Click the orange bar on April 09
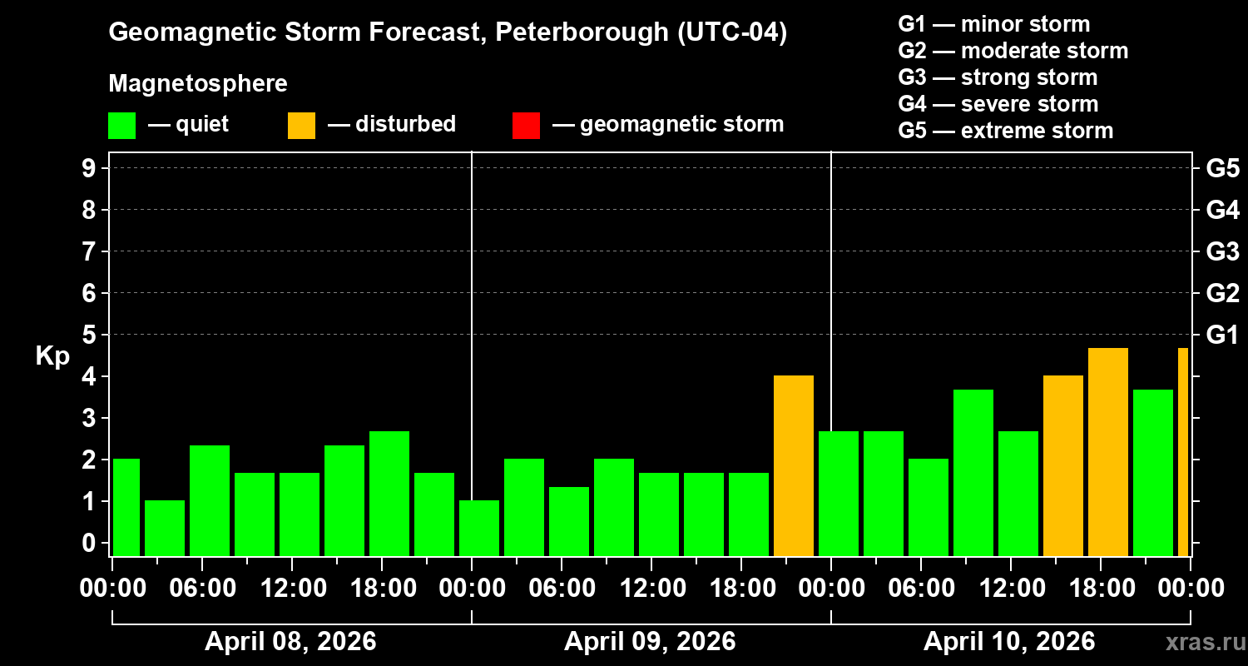click(793, 466)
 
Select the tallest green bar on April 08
click(389, 494)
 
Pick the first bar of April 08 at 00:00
click(126, 507)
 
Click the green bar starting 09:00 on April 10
click(973, 473)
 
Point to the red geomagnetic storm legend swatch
click(526, 126)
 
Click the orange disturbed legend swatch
click(301, 126)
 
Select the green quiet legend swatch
click(121, 126)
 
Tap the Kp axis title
click(52, 356)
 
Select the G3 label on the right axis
click(1222, 251)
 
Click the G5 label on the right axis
click(1222, 168)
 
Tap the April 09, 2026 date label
click(650, 642)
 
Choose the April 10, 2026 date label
click(1009, 642)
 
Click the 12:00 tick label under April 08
click(292, 589)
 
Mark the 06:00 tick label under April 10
click(921, 589)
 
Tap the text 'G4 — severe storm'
click(998, 104)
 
